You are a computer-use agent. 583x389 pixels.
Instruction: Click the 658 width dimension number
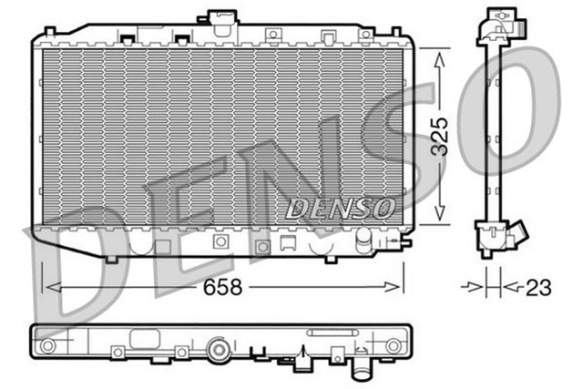coord(222,288)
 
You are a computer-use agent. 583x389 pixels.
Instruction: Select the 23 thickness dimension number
coord(538,288)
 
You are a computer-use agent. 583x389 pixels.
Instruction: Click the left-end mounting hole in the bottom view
coord(47,345)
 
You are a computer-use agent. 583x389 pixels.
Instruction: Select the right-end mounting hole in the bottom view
coord(393,345)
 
